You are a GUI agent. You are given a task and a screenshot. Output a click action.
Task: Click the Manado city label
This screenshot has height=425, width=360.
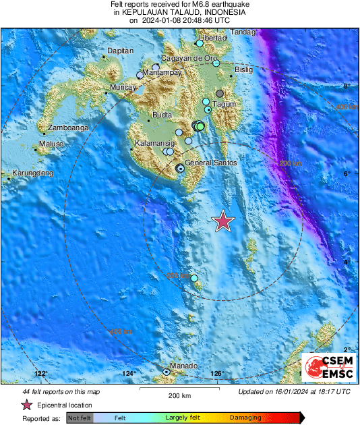point(183,366)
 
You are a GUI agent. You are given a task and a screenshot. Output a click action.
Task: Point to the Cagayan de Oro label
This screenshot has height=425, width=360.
point(189,59)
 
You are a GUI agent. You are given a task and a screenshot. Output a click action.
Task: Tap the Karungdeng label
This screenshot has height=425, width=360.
point(32,173)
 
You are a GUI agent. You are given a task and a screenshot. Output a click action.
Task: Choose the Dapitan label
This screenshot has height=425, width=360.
point(121,51)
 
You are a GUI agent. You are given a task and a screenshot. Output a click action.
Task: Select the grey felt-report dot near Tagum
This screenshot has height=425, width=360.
point(220,94)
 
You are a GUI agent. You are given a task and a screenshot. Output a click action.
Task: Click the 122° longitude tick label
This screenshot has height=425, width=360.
point(40,374)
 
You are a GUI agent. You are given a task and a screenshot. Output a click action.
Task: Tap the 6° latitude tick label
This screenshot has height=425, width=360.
point(347,174)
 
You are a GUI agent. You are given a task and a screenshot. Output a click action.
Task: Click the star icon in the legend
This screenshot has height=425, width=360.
point(27,405)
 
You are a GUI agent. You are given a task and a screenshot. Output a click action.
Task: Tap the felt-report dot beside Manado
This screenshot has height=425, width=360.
point(167,372)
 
